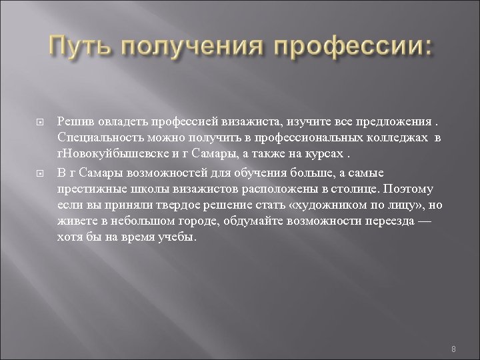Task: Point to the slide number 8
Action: point(453,331)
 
